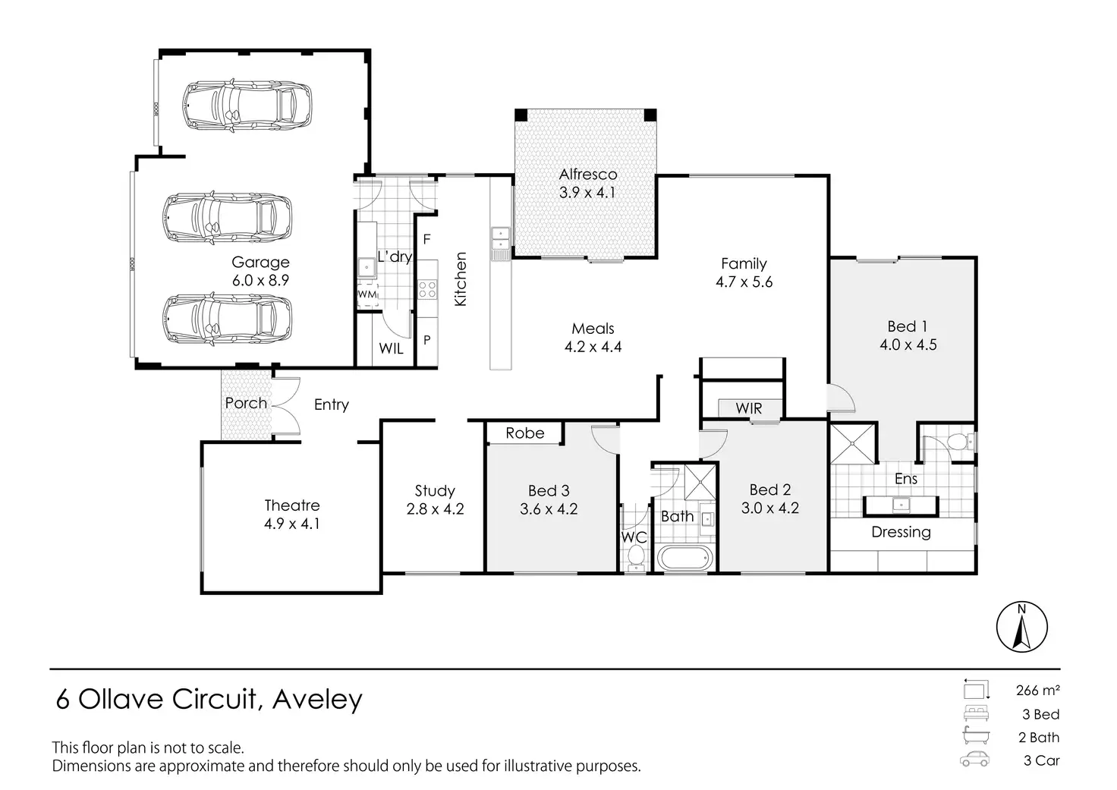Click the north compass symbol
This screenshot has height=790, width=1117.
(1021, 627)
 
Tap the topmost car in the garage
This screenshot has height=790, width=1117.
(247, 105)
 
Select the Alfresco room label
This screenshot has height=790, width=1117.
(588, 175)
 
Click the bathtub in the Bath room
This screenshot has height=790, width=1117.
(685, 559)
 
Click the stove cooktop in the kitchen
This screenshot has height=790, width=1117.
(427, 288)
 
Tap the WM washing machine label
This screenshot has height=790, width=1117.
(367, 294)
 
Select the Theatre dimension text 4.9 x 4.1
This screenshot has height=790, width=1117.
(292, 524)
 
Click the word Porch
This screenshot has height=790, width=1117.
(246, 403)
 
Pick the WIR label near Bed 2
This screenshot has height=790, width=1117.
(748, 408)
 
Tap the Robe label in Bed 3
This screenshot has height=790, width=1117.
(524, 433)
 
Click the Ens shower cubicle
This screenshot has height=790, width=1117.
(853, 443)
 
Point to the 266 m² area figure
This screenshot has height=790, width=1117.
(1037, 691)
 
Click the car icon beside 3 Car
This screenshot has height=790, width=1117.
(974, 760)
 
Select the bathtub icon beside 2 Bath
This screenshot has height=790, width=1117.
(974, 736)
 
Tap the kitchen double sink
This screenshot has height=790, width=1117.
(501, 239)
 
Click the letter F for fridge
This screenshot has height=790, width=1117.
(427, 240)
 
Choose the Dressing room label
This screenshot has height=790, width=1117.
(901, 532)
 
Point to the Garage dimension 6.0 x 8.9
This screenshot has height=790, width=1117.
(260, 280)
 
